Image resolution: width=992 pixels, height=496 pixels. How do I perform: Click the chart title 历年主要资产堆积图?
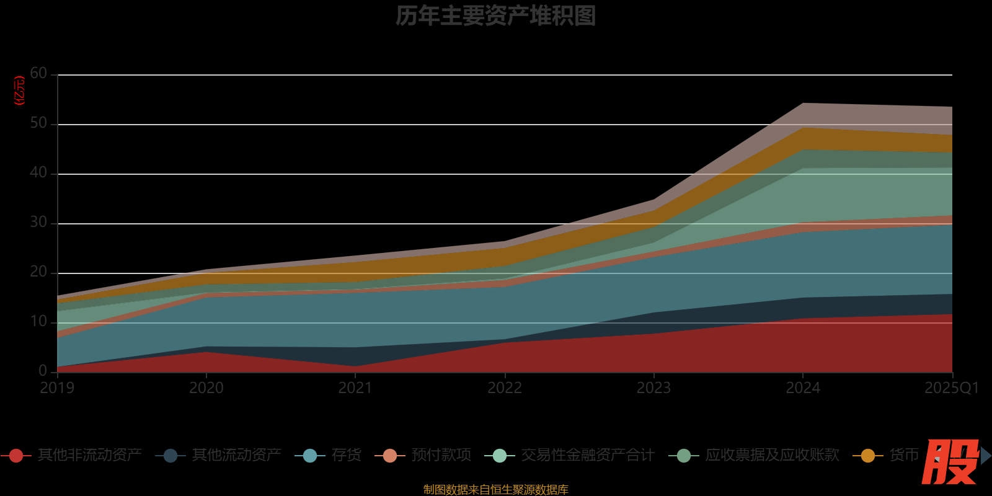coord(495,16)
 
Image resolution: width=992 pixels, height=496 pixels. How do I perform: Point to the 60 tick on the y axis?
coord(38,74)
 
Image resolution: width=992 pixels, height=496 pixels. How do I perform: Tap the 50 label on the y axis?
coord(38,123)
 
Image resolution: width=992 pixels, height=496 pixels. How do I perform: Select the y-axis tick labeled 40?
coord(38,173)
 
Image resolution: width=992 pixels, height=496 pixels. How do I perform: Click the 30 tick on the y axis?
coord(38,223)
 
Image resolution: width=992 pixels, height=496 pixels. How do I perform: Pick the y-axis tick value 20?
coord(38,272)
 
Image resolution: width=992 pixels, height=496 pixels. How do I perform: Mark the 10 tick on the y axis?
coord(38,322)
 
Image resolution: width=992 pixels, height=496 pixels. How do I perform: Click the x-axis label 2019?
coord(57,388)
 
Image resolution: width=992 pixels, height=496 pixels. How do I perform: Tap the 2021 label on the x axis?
coord(355,388)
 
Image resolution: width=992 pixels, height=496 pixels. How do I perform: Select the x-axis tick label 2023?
coord(653,388)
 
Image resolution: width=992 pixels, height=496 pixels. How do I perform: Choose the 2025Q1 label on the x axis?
coord(951,388)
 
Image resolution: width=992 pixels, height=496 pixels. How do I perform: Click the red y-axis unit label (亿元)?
coord(20,91)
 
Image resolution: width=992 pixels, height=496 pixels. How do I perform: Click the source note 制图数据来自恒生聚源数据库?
coord(495,489)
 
